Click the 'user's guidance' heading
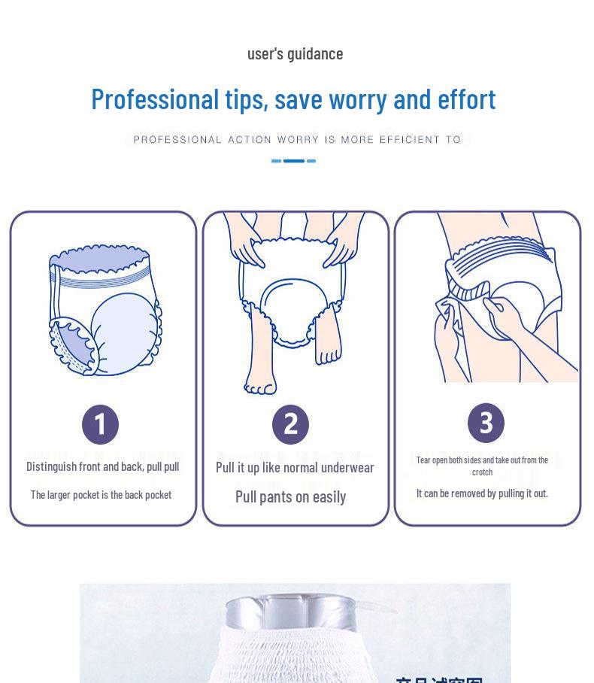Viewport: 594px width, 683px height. (295, 53)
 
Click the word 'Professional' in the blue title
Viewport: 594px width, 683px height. (154, 99)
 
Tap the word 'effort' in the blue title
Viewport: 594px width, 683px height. (466, 99)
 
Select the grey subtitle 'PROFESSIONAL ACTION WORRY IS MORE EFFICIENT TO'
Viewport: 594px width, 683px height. (296, 139)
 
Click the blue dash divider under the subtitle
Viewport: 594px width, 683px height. (293, 161)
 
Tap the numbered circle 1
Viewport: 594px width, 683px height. (100, 424)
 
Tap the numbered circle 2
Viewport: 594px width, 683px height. (290, 424)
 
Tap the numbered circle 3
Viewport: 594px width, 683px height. (486, 423)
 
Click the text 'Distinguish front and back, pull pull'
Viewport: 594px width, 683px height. (102, 466)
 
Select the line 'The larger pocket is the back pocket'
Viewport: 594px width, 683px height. (101, 494)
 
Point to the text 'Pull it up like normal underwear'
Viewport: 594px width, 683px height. (295, 467)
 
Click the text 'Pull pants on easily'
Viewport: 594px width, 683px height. (290, 496)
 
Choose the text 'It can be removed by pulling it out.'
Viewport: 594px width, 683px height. (482, 493)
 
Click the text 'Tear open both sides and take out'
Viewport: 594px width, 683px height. (482, 460)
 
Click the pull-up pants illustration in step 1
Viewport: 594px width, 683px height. (105, 308)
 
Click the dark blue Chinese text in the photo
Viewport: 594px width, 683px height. (439, 677)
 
